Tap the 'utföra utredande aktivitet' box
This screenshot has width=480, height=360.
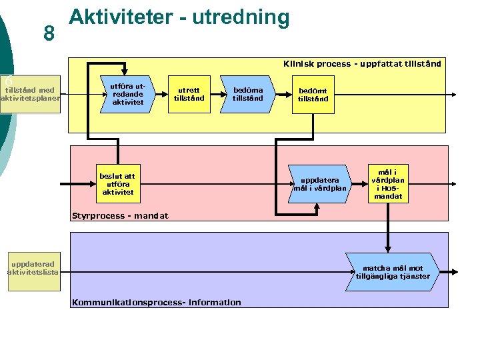coord(127,94)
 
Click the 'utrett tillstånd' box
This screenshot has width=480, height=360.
coord(189,94)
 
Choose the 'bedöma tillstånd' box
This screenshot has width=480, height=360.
coord(247,94)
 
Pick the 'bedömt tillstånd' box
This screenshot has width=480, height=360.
coord(313,95)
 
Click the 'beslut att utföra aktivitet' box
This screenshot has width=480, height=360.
coord(117,184)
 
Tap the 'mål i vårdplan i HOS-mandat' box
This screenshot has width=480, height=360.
coord(388,184)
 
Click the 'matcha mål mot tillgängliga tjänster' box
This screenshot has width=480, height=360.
coord(393,272)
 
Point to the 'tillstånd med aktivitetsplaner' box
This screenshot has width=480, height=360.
coord(30,95)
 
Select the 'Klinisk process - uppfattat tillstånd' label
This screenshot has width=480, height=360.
coord(361,64)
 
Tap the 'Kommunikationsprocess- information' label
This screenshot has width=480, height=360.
coord(156,302)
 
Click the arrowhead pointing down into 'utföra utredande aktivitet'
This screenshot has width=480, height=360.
coord(127,74)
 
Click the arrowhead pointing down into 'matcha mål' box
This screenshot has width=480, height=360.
coord(387,249)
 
